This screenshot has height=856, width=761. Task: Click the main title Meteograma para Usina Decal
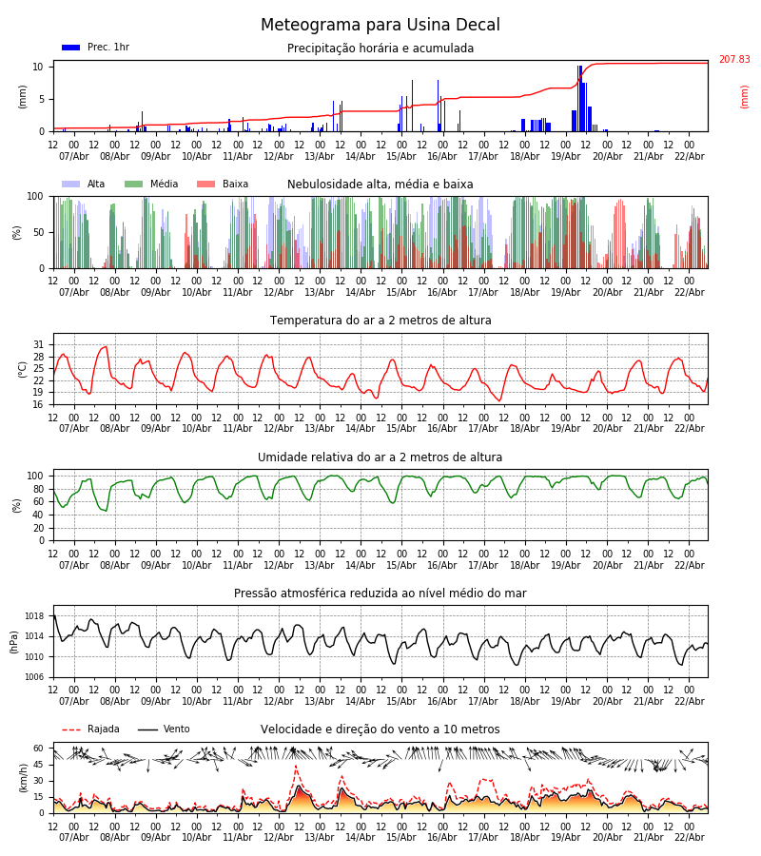pos(380,26)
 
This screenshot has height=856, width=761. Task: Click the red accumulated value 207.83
pos(733,60)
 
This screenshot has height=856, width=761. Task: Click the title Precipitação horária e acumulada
pos(380,49)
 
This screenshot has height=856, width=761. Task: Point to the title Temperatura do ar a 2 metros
pos(380,321)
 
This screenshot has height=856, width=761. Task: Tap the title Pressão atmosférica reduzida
pos(380,593)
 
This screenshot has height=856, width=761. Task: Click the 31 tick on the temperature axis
pos(39,345)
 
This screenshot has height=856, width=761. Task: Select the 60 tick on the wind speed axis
pos(39,749)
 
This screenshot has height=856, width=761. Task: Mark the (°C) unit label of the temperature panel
pos(23,369)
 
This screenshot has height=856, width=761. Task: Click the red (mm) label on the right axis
pos(745,96)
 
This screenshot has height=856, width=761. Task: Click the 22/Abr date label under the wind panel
pos(689,838)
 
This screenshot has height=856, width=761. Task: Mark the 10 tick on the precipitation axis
pos(39,67)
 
